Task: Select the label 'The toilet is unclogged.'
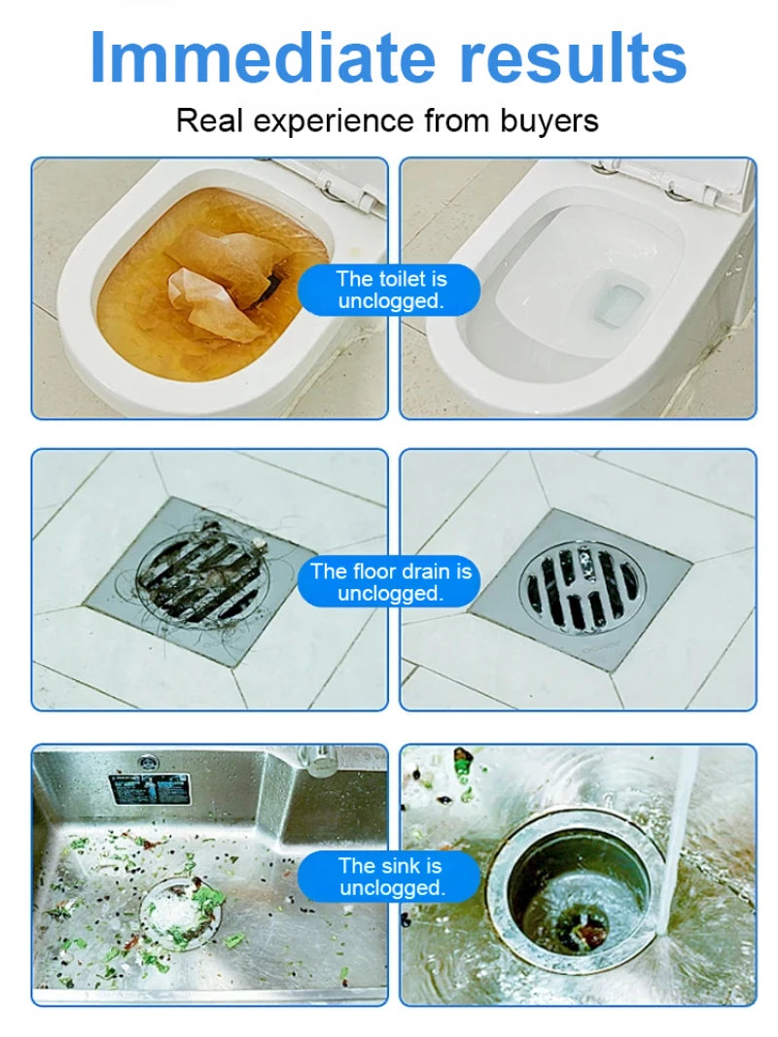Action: (x=389, y=290)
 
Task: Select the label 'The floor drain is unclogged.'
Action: (x=389, y=581)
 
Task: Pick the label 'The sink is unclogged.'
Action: (x=389, y=876)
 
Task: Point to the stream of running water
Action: (x=681, y=836)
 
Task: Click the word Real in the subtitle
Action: (x=206, y=121)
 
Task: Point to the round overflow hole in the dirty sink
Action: (x=148, y=762)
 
